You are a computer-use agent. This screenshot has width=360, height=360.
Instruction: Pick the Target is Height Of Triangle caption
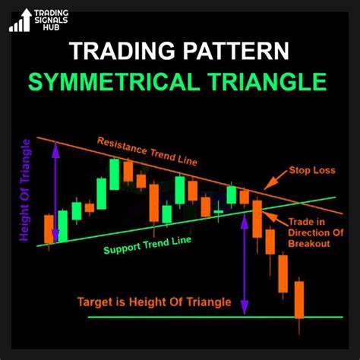click(x=154, y=302)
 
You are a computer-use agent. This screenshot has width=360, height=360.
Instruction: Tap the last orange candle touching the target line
click(x=299, y=300)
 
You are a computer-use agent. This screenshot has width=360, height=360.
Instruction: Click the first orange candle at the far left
click(x=49, y=229)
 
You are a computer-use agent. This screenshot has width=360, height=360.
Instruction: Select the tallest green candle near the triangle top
click(x=114, y=174)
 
